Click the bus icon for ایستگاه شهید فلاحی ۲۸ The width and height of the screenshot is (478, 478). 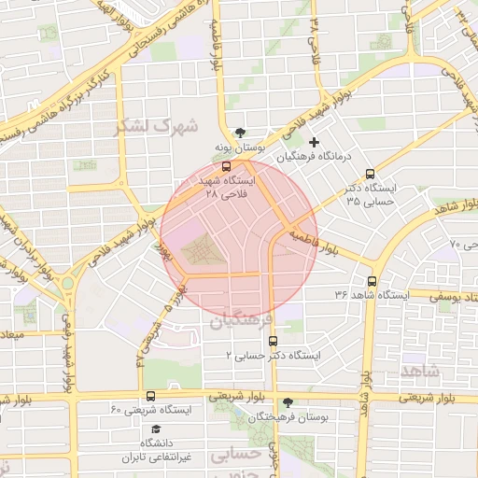pos(227,167)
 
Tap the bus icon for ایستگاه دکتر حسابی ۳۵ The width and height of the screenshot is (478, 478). pos(371,174)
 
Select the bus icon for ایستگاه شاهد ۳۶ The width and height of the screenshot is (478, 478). pos(373,281)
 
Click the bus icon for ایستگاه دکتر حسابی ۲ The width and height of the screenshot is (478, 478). pos(272,342)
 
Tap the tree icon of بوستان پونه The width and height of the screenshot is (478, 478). pos(242,133)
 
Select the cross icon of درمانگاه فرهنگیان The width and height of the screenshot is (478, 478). pos(315,143)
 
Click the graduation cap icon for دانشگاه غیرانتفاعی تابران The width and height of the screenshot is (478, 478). pos(155,429)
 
